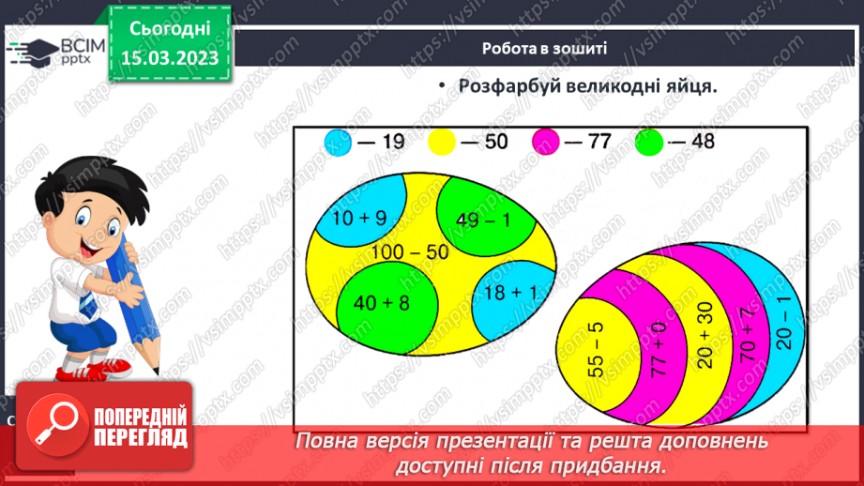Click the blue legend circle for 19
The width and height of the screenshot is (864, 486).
click(339, 143)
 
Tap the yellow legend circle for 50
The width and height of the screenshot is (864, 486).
click(442, 143)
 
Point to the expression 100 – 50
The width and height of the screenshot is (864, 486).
click(409, 251)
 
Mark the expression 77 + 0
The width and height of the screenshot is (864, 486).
click(659, 348)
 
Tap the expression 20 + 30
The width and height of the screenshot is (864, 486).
click(706, 339)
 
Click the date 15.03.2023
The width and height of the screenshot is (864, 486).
click(170, 56)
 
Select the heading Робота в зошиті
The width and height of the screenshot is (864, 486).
click(544, 49)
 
